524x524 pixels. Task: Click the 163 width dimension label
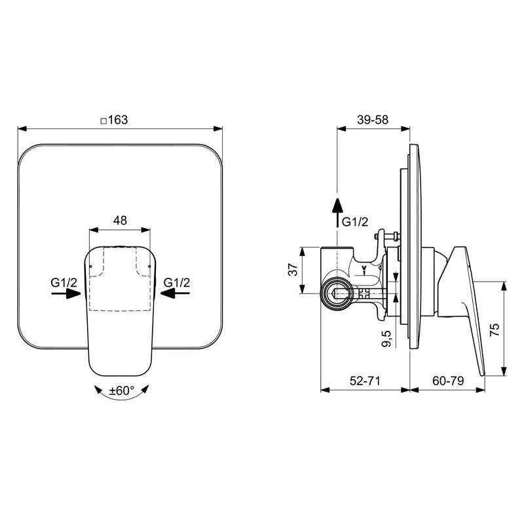click(118, 120)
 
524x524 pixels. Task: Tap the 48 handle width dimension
click(120, 220)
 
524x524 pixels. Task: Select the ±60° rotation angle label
click(122, 390)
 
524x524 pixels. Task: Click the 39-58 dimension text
click(373, 120)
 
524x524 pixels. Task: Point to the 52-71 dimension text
click(365, 381)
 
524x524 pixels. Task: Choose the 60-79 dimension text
click(448, 381)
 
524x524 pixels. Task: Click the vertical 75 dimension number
click(495, 330)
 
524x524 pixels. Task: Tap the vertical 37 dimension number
click(293, 269)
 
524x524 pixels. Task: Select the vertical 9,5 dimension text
click(386, 339)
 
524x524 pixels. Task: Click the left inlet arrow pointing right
click(66, 293)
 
